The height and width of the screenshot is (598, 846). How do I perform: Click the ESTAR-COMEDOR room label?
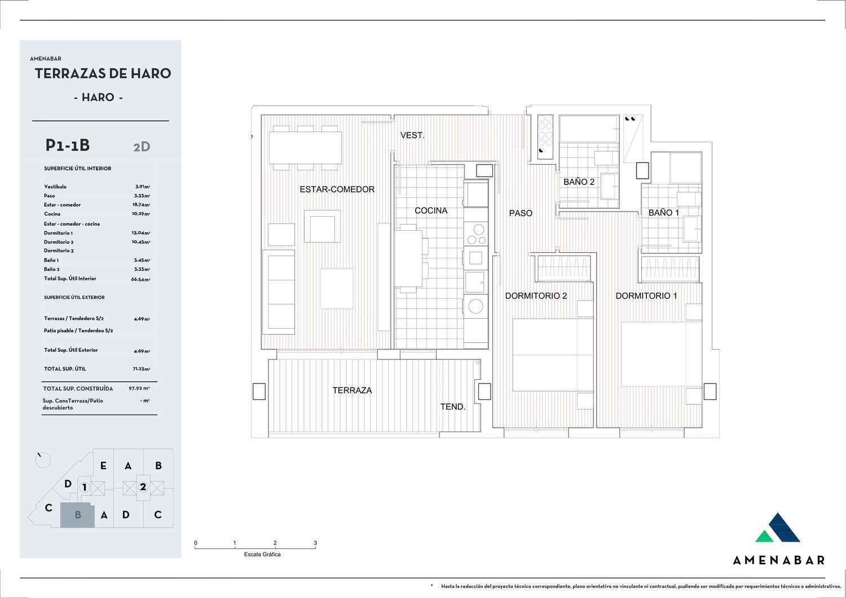coord(337,189)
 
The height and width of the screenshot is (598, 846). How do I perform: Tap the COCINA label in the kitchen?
coord(431,210)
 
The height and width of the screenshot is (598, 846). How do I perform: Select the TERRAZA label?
coord(352,390)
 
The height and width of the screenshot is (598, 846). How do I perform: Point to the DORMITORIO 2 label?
coord(536,296)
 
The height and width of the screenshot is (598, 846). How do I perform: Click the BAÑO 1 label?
coord(664,213)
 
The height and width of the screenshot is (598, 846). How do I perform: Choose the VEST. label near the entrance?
coord(412,135)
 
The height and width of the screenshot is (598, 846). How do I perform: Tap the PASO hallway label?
coord(521,213)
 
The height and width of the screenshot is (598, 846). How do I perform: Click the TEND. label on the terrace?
coord(452,407)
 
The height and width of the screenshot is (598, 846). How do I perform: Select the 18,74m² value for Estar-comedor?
coord(141,204)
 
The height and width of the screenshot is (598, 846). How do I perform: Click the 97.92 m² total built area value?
coord(139,388)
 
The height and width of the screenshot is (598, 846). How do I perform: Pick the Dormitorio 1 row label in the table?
coord(58,233)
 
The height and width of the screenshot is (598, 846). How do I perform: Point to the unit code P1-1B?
coord(68,145)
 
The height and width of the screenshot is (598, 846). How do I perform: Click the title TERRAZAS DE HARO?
coord(103,73)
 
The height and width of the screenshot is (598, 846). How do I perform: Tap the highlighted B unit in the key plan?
coord(77,515)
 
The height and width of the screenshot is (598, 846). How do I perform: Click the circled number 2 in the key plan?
coord(143,486)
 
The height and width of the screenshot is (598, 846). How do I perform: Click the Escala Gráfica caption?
coord(262,555)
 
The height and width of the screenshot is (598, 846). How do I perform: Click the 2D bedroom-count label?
coord(142,147)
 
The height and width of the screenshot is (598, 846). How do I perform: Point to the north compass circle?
coord(43,460)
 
